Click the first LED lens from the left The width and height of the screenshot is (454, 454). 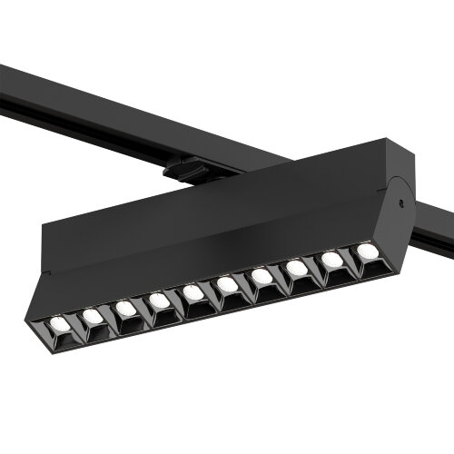click(57, 323)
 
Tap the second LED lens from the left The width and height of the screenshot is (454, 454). click(92, 316)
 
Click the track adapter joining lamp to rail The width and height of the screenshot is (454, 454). click(186, 169)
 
